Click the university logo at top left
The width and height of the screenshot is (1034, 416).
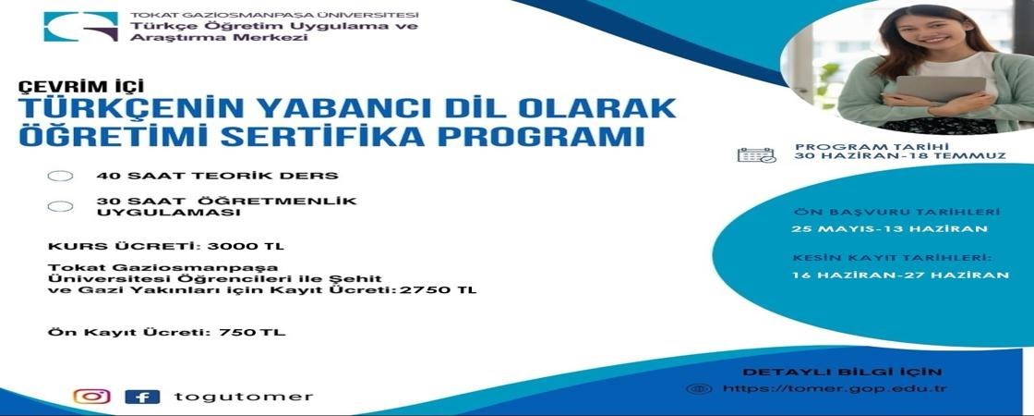tap(80, 26)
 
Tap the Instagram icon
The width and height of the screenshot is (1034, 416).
tap(91, 397)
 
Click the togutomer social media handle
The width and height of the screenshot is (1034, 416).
tap(243, 397)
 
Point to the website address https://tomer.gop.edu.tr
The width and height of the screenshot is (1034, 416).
tap(834, 388)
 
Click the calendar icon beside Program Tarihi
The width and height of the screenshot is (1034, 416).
tap(756, 155)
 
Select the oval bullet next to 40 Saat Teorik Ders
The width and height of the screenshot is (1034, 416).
tap(61, 176)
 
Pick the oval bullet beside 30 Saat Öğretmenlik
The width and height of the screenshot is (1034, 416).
tap(61, 206)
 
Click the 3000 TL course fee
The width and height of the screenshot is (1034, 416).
tap(246, 247)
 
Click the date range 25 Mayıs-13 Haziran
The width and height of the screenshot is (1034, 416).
tap(890, 229)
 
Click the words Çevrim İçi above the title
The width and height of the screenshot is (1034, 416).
tap(81, 86)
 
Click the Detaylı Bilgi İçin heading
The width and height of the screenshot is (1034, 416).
tap(829, 372)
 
